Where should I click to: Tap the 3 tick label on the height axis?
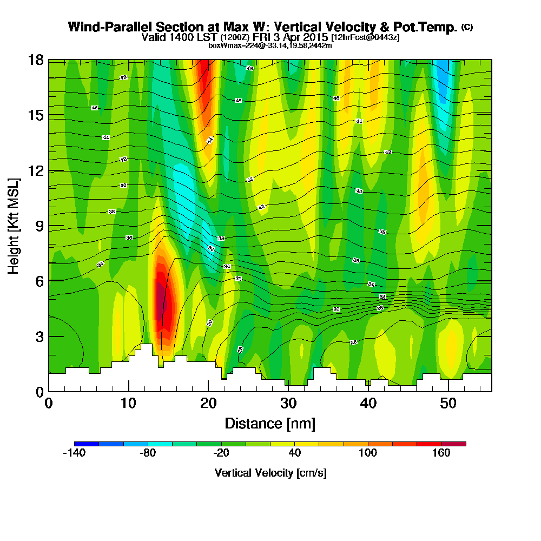click(x=39, y=336)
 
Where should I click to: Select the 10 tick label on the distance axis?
click(x=128, y=404)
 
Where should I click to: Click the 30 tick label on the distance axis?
click(x=288, y=404)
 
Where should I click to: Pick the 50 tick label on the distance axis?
click(x=447, y=404)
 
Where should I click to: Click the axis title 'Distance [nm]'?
click(x=270, y=423)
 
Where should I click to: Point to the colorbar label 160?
click(x=441, y=453)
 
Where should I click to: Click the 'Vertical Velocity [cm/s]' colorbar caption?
click(x=270, y=473)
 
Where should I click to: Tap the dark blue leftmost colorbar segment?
click(x=87, y=444)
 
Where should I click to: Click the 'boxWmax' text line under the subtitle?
click(x=270, y=45)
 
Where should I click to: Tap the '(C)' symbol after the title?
click(x=466, y=27)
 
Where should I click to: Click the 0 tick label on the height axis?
click(x=39, y=391)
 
